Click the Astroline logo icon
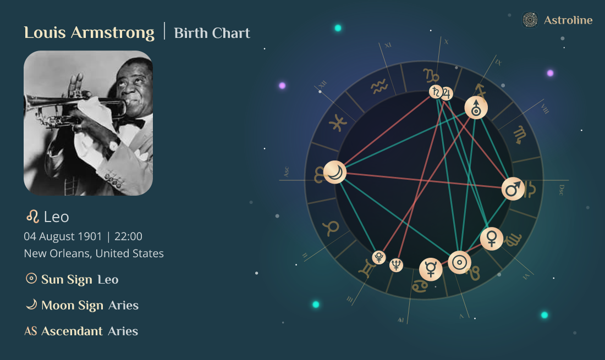pos(530,20)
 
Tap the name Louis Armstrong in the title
pos(89,32)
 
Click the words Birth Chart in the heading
pos(212,33)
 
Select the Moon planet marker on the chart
pos(335,173)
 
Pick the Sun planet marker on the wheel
pos(459,262)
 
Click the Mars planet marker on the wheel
pos(513,190)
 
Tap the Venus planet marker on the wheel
pos(492,239)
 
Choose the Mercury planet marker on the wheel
pos(431,269)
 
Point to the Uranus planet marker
pos(476,108)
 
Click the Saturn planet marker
pos(436,92)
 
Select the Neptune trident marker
pos(396,265)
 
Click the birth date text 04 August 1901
pos(63,237)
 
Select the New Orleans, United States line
pos(94,254)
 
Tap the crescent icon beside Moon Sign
pos(31,304)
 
